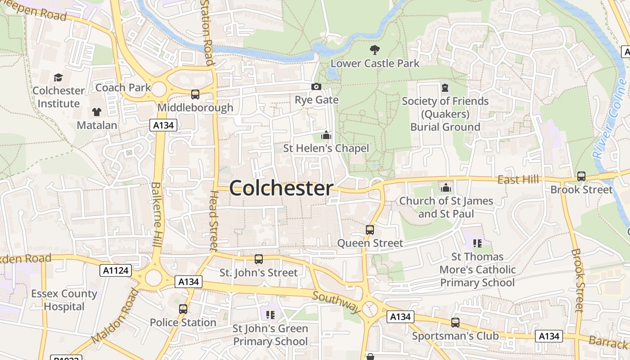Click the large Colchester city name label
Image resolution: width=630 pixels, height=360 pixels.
click(281, 188)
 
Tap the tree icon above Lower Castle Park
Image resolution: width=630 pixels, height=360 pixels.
click(374, 49)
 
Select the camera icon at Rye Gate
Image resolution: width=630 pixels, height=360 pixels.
click(316, 86)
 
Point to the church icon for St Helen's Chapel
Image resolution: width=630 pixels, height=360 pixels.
click(326, 135)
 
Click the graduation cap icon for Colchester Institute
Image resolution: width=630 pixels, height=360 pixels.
click(58, 77)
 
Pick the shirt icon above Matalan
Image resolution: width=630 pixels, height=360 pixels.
click(97, 112)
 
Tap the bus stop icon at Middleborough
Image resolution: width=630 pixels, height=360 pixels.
click(195, 94)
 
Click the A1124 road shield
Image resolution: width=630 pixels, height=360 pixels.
click(116, 270)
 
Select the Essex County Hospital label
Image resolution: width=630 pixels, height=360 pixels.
click(64, 300)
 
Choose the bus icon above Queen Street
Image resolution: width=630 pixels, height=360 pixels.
click(370, 230)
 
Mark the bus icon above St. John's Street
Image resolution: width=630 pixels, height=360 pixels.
click(259, 259)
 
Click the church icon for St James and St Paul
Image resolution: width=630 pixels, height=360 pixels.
click(446, 187)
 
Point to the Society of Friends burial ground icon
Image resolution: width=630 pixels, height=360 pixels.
click(445, 87)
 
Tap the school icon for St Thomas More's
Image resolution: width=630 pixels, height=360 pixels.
click(477, 243)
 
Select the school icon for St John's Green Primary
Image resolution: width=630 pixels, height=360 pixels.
click(270, 315)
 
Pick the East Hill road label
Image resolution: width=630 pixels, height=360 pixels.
click(518, 180)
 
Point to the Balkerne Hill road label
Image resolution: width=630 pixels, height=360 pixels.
click(156, 214)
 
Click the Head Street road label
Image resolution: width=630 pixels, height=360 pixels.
click(213, 220)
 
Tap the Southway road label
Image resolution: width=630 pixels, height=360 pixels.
click(337, 302)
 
